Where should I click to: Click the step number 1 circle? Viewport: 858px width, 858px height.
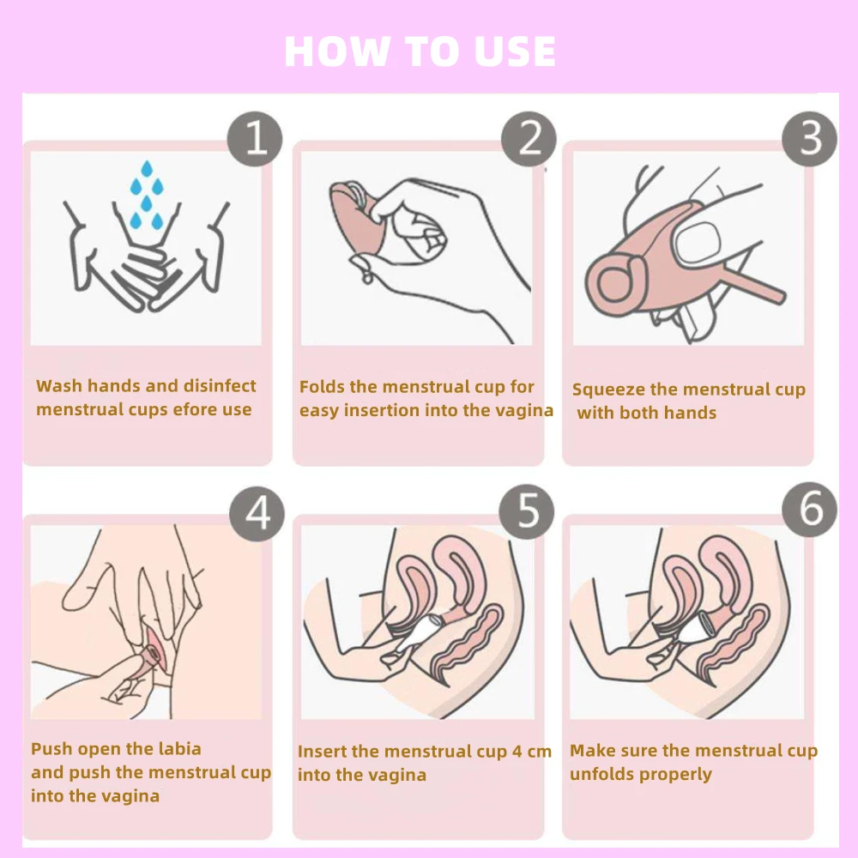click(255, 139)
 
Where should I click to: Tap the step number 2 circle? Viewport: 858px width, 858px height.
click(529, 139)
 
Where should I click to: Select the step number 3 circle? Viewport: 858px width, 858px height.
click(809, 139)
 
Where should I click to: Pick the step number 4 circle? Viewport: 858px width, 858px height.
click(257, 514)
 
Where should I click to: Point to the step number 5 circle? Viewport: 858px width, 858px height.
click(527, 511)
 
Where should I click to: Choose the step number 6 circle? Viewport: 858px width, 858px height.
click(809, 510)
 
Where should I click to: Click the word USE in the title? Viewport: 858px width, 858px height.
click(515, 51)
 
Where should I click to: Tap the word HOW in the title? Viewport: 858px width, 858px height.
click(337, 51)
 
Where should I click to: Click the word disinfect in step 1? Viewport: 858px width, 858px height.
click(220, 386)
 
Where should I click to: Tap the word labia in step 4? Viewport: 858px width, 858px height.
click(179, 748)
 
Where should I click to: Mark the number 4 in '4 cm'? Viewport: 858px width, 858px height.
click(517, 752)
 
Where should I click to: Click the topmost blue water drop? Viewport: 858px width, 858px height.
click(147, 168)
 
